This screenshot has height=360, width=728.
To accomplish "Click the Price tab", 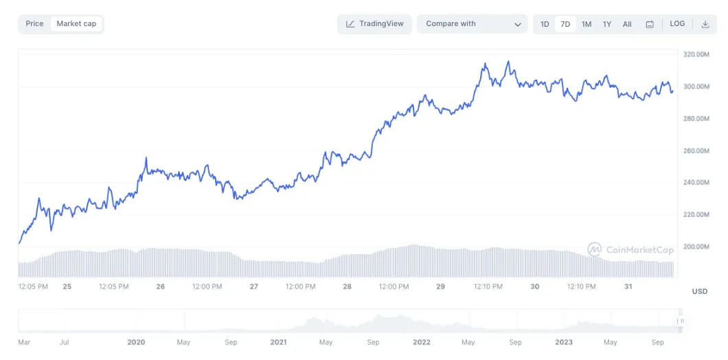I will [34, 24].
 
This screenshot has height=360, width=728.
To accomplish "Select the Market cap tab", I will [76, 24].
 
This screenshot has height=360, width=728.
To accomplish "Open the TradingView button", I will [375, 24].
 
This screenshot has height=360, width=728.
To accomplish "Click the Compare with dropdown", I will [473, 24].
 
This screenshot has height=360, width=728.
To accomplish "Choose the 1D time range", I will [545, 24].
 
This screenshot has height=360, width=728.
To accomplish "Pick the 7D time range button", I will [565, 24].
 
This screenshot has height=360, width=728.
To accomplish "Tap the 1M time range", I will [587, 24].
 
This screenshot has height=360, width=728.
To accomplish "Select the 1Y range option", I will [607, 24].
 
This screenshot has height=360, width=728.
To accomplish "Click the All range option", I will [627, 24].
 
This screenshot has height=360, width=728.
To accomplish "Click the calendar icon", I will [650, 24].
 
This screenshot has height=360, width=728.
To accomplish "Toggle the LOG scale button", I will [677, 24].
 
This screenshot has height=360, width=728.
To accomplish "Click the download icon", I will [705, 24].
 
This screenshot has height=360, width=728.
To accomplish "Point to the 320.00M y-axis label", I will [696, 54].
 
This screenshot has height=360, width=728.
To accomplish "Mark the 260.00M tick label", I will [696, 150].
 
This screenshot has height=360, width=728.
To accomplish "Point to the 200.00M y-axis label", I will [696, 247].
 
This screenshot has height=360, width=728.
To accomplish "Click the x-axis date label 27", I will [254, 286].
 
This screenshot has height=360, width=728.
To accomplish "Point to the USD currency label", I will [699, 291].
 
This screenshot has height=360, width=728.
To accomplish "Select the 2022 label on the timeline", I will [422, 341].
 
